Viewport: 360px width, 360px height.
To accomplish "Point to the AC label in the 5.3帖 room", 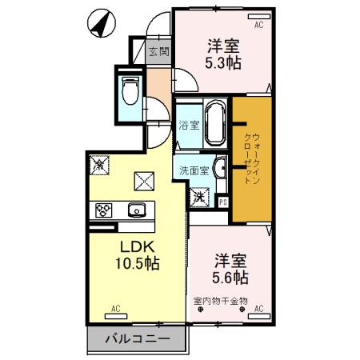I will pos(258,26).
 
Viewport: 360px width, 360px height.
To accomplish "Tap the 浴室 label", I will pos(189,126).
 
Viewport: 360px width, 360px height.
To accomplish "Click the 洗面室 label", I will pos(194,170).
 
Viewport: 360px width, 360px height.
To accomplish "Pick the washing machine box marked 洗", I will pos(198,194).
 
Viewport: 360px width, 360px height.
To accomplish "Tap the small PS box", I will pos(222,202).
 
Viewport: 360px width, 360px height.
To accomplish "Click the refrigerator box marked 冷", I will pos(99,165).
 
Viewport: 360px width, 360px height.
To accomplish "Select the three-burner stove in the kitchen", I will pos(105,210).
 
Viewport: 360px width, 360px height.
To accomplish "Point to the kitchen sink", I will pos(135,210).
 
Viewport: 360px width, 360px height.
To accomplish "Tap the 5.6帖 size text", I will pos(230,278).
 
